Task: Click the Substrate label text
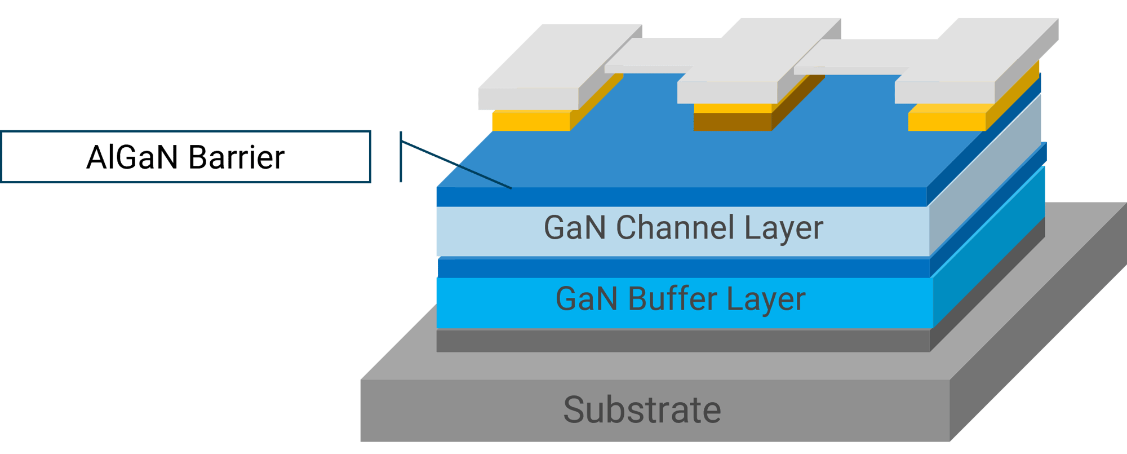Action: coord(642,410)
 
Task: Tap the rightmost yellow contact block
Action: coord(947,121)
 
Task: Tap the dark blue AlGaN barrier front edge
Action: coord(682,197)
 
